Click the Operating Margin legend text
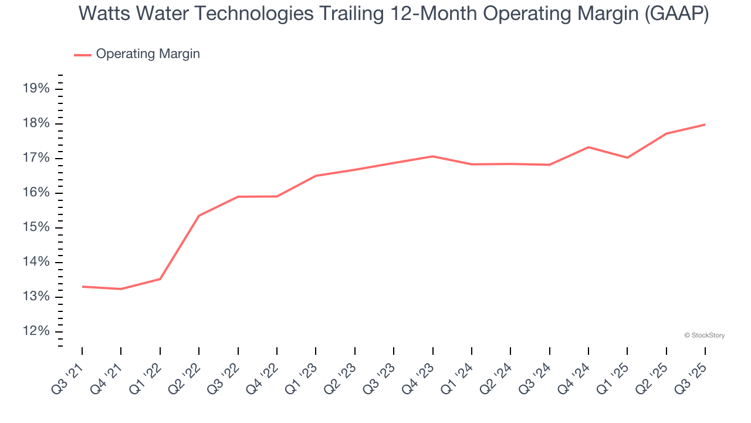click(x=148, y=54)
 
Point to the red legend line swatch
click(x=83, y=55)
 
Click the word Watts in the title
click(x=104, y=14)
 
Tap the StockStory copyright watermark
click(x=705, y=335)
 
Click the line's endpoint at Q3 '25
click(x=705, y=125)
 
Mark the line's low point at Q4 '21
click(x=121, y=289)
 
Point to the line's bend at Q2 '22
click(x=199, y=216)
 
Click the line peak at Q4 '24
click(x=588, y=147)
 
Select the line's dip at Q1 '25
click(x=627, y=157)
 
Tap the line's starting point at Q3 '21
click(x=82, y=287)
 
